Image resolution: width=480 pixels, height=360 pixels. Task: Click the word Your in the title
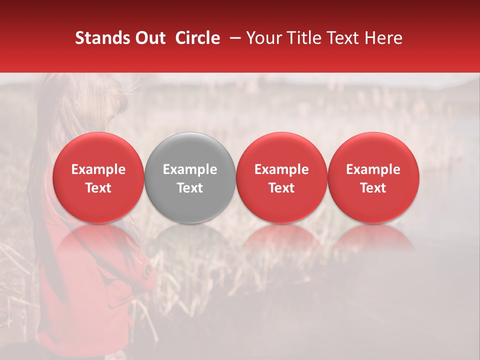pos(262,38)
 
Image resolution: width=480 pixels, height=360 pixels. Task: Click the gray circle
pos(190,177)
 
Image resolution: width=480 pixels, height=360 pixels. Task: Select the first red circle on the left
pos(98,177)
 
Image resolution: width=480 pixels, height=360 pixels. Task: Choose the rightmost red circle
pos(373,177)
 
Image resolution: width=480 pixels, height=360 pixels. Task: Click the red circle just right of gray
pos(281,177)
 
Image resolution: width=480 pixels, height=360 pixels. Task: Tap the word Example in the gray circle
pos(190,169)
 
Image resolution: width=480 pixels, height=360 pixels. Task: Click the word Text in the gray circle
pos(190,188)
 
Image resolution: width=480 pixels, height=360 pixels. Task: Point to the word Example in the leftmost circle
pos(98,169)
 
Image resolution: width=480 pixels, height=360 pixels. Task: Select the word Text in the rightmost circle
pos(373,188)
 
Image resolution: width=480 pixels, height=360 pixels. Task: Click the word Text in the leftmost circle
pos(98,188)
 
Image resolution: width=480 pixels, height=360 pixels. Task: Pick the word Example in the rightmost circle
pos(373,169)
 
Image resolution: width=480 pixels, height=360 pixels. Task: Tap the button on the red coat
pos(147,270)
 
